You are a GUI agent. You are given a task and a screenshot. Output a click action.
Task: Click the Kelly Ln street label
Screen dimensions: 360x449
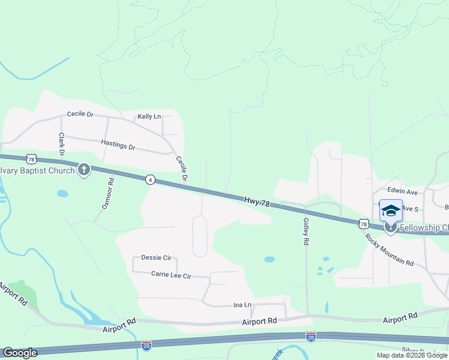tap(149, 116)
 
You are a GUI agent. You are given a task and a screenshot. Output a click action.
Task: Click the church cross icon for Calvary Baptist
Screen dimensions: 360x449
tap(83, 170)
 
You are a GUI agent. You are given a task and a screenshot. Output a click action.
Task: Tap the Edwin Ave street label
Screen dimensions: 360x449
tap(403, 192)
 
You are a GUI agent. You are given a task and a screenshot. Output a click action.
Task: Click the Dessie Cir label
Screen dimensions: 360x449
tap(156, 258)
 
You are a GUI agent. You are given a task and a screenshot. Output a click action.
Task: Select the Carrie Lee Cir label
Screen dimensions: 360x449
tap(170, 276)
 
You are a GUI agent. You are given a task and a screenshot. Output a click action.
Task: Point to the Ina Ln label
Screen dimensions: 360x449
tap(242, 305)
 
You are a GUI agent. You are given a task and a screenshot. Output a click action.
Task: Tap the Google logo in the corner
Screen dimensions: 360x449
tap(20, 353)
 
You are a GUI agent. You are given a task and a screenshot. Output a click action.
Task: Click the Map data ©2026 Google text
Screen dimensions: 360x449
tap(411, 355)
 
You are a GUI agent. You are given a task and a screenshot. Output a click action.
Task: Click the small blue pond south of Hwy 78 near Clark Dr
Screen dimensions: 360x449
tap(62, 194)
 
